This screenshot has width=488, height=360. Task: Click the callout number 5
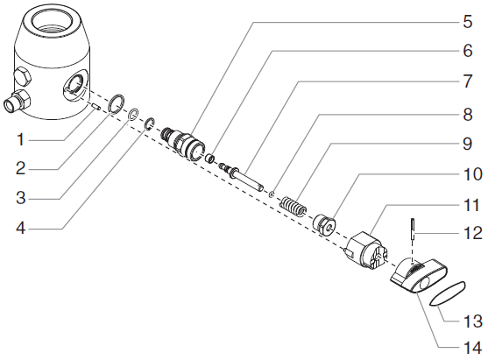pyautogui.click(x=468, y=22)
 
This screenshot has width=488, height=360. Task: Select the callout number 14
pyautogui.click(x=472, y=348)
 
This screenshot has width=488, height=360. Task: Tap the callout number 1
pyautogui.click(x=20, y=139)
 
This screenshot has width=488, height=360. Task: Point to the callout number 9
pyautogui.click(x=468, y=144)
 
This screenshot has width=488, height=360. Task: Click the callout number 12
pyautogui.click(x=473, y=233)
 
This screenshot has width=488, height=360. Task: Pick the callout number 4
pyautogui.click(x=20, y=229)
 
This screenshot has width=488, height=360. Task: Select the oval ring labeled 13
pyautogui.click(x=447, y=293)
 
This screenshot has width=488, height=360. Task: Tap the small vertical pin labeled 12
pyautogui.click(x=413, y=229)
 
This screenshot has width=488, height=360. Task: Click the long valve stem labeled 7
pyautogui.click(x=242, y=176)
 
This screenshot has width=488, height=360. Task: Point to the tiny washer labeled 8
pyautogui.click(x=272, y=194)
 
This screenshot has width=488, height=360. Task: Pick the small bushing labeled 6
pyautogui.click(x=210, y=159)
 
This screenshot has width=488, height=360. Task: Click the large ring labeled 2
pyautogui.click(x=117, y=103)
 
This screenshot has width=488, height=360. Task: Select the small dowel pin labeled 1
pyautogui.click(x=96, y=107)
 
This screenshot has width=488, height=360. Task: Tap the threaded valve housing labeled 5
pyautogui.click(x=183, y=144)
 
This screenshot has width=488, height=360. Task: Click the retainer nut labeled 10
pyautogui.click(x=325, y=225)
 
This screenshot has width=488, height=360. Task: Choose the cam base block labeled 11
pyautogui.click(x=365, y=251)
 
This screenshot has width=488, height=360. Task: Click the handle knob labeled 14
pyautogui.click(x=419, y=276)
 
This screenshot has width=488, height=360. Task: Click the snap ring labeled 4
pyautogui.click(x=150, y=124)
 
